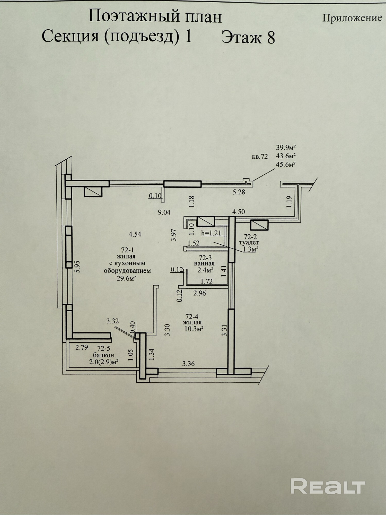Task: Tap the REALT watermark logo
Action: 328,486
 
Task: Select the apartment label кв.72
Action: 260,157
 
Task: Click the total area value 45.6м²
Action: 285,164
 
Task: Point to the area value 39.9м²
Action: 285,148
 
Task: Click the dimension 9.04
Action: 164,212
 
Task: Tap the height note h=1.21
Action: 211,233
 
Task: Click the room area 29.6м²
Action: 126,278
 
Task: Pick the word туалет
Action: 249,243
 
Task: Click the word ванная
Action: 204,264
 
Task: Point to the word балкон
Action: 104,355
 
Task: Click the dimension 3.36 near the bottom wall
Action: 188,364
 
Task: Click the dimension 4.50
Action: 239,212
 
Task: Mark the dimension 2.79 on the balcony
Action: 82,348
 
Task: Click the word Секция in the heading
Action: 70,36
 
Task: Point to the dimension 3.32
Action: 113,321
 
